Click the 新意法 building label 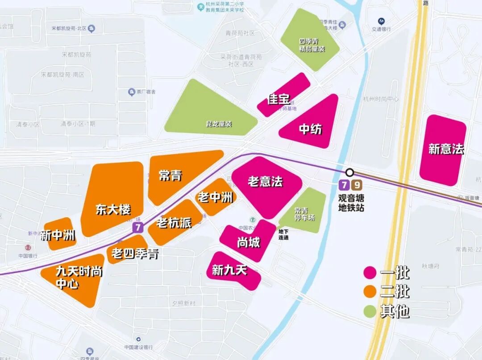coord(446,149)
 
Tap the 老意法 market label coord(265,182)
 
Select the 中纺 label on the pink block coord(310,129)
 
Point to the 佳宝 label coord(278,99)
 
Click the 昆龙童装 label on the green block coord(219,124)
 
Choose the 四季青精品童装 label coord(312,45)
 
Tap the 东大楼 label coord(113,209)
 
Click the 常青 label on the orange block coord(170,176)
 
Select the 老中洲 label coord(215,197)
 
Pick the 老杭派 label coord(174,223)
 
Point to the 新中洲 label coord(58,235)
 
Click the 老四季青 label coord(135,254)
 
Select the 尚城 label coord(248,243)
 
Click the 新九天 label coord(229,270)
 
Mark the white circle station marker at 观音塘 coord(350,172)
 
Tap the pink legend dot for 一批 coord(370,273)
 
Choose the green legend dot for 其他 coord(370,311)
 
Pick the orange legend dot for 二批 coord(370,292)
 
